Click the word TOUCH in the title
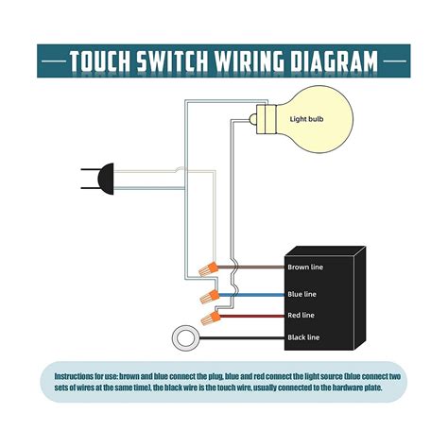click(107, 62)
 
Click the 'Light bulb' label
click(308, 119)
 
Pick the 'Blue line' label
click(302, 295)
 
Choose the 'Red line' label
click(302, 316)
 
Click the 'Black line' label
click(303, 337)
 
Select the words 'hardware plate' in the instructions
click(351, 386)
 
